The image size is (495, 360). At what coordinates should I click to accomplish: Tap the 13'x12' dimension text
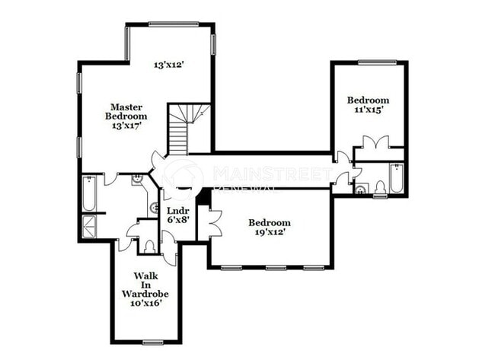[x=169, y=65]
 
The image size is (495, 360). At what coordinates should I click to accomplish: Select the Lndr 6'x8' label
[x=177, y=214]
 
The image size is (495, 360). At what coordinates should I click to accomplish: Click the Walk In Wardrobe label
[x=145, y=288]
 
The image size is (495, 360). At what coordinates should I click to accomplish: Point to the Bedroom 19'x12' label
[x=269, y=228]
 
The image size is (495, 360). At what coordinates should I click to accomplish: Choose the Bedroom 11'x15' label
[x=368, y=104]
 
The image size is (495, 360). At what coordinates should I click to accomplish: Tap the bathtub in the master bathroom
[x=89, y=193]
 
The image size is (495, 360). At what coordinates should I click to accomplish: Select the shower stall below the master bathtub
[x=88, y=226]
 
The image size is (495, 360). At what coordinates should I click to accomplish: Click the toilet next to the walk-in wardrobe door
[x=149, y=246]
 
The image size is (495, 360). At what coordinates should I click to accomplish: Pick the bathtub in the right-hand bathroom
[x=396, y=179]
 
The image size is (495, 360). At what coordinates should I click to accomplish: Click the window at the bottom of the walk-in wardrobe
[x=153, y=341]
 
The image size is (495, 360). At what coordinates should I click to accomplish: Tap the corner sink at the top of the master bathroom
[x=137, y=181]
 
